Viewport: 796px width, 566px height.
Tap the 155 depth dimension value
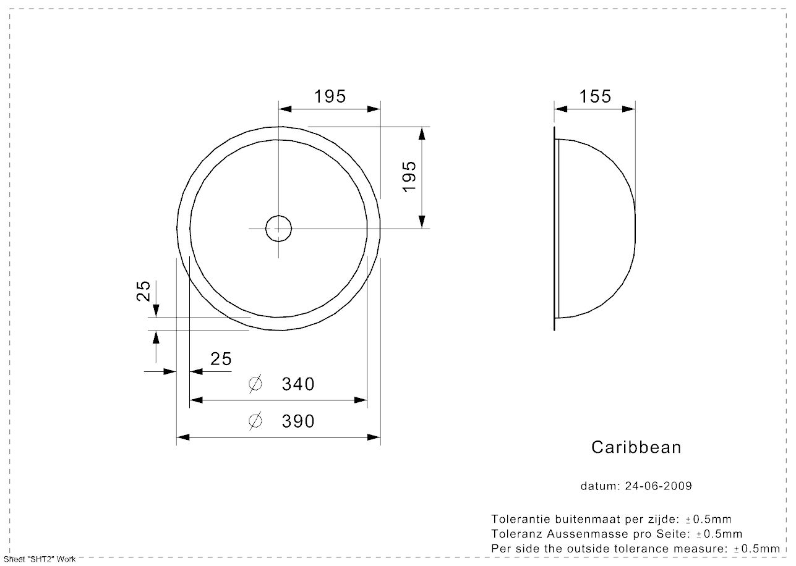point(595,96)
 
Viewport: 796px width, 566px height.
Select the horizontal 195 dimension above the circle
point(330,96)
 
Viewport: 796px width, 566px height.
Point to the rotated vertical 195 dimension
point(409,177)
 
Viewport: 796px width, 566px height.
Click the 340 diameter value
point(298,384)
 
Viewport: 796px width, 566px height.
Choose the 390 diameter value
point(298,421)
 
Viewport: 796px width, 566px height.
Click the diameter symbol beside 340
point(255,384)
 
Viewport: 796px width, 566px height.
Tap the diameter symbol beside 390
point(255,421)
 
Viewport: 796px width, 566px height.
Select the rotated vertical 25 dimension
point(143,291)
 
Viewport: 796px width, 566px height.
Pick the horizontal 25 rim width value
point(221,359)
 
